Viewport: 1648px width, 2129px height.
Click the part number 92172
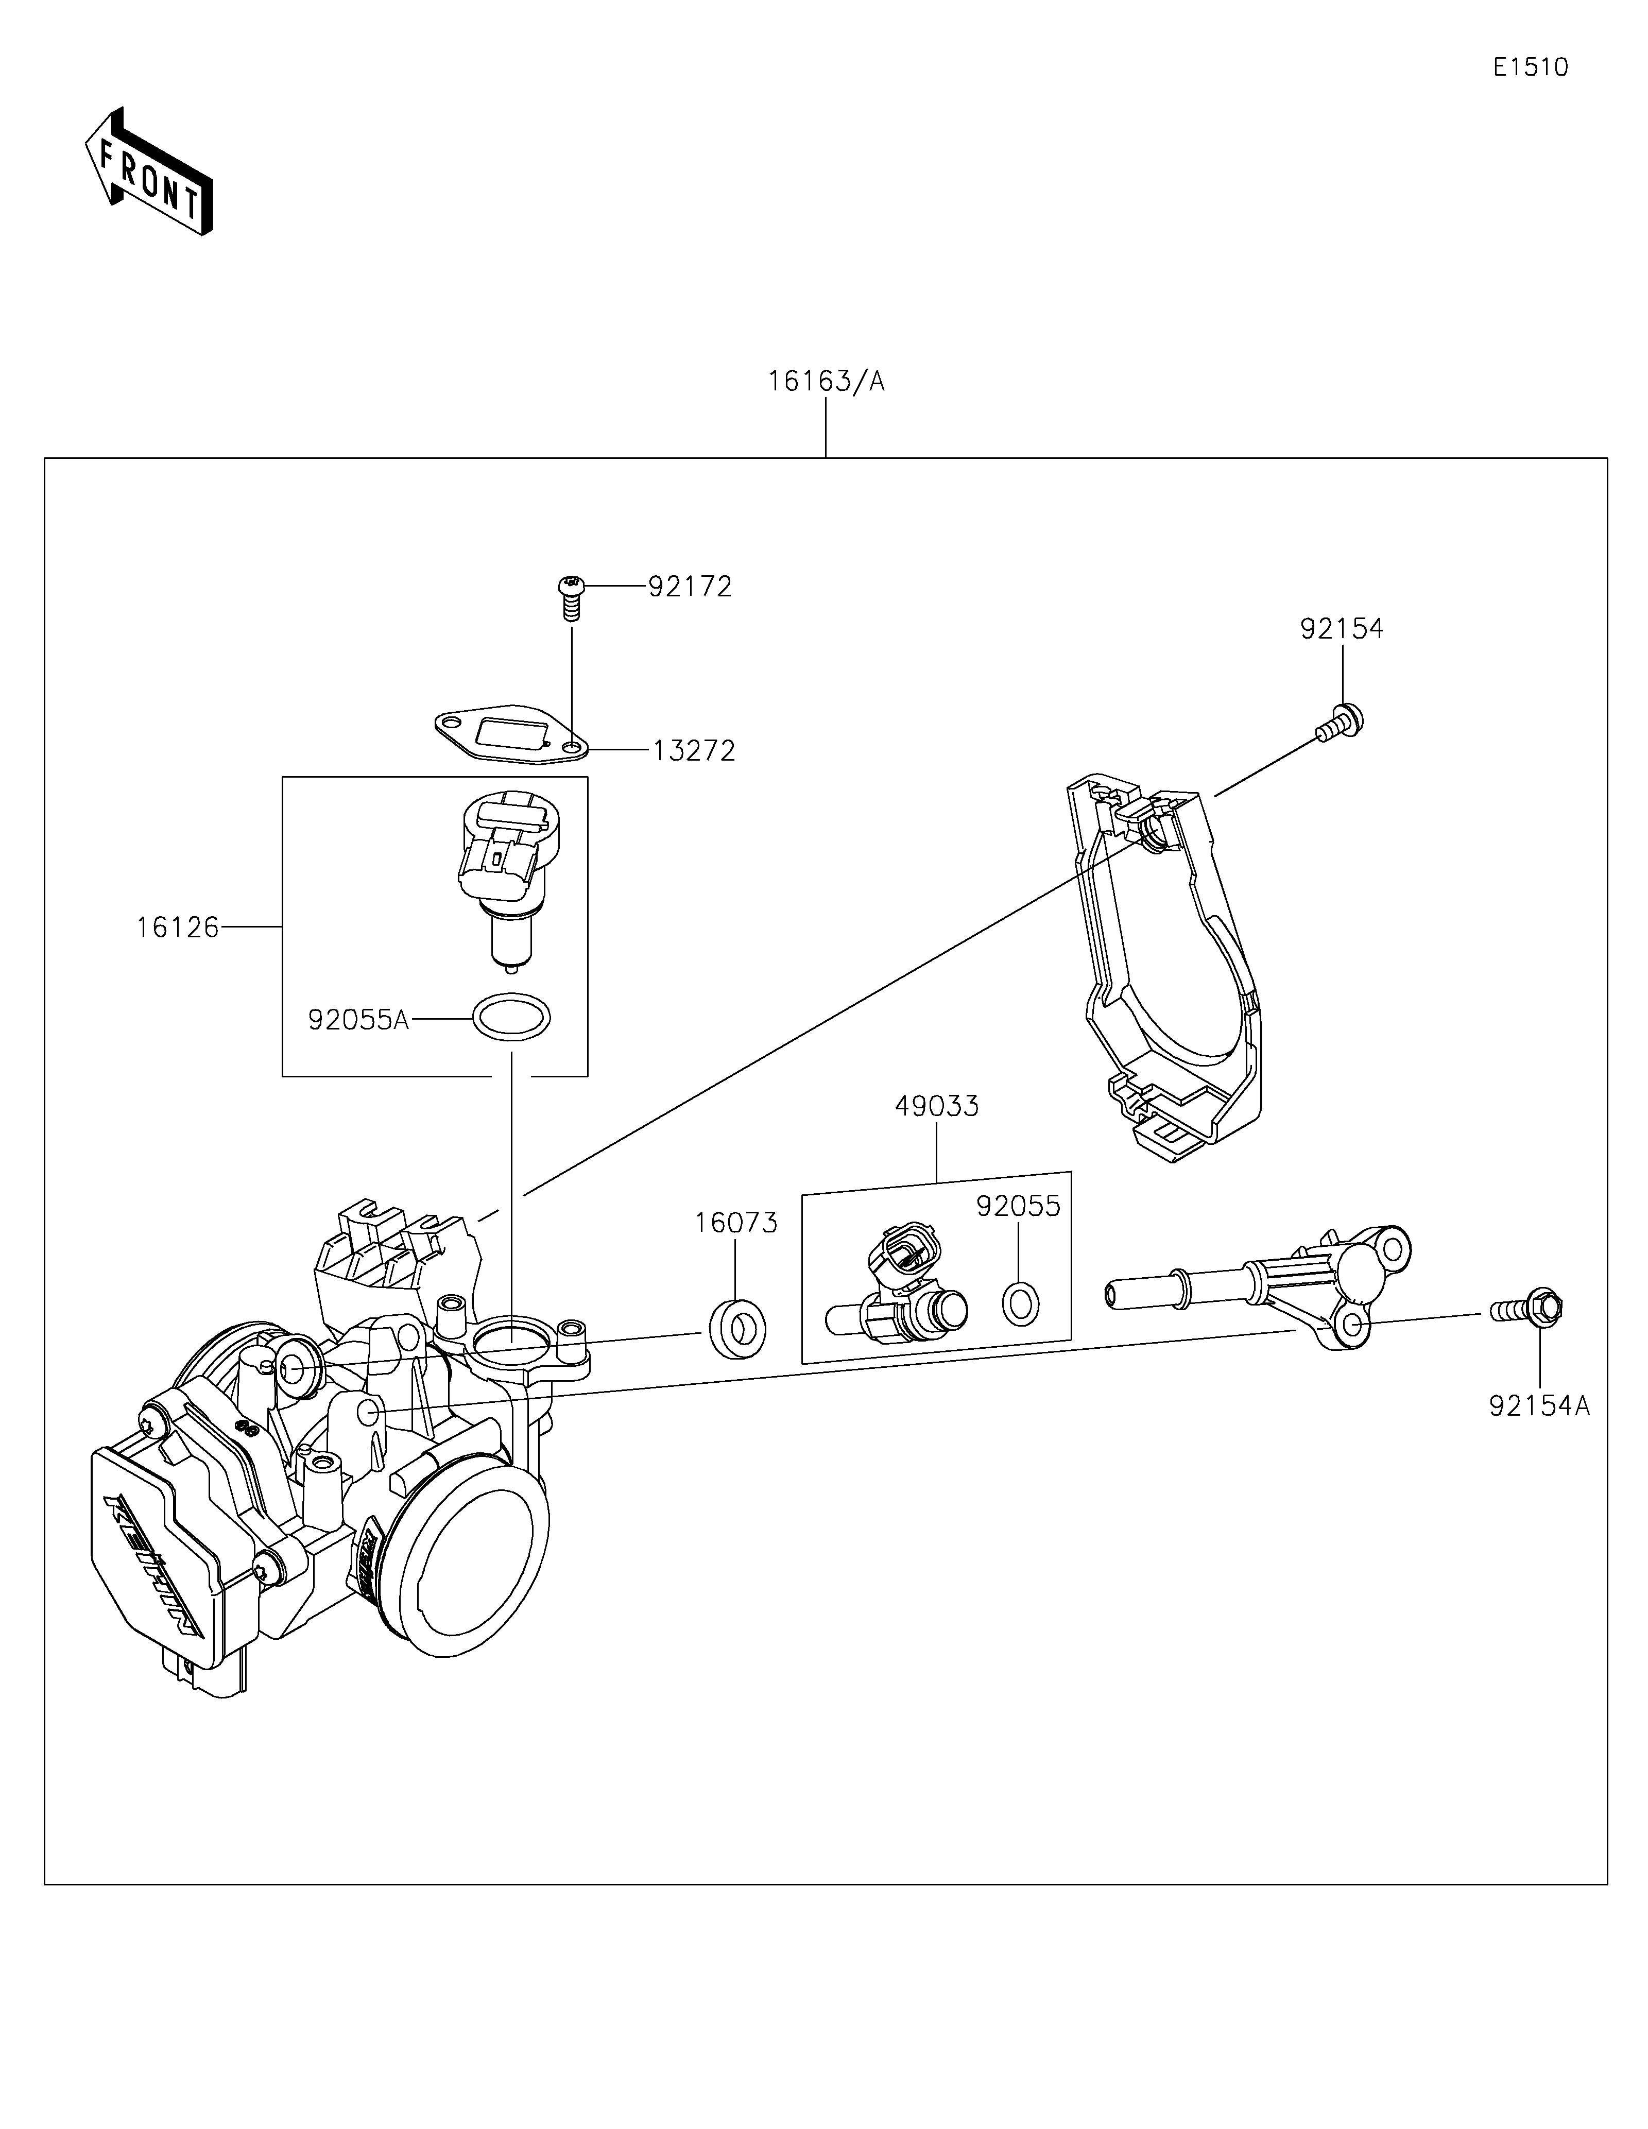(690, 587)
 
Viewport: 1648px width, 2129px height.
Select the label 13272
(694, 751)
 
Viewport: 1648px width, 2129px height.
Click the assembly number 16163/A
(826, 381)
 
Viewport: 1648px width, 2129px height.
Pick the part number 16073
(736, 1223)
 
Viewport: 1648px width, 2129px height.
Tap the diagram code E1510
(1530, 67)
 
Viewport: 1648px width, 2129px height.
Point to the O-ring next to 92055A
(511, 1018)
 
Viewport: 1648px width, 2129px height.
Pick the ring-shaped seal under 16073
(736, 1328)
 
